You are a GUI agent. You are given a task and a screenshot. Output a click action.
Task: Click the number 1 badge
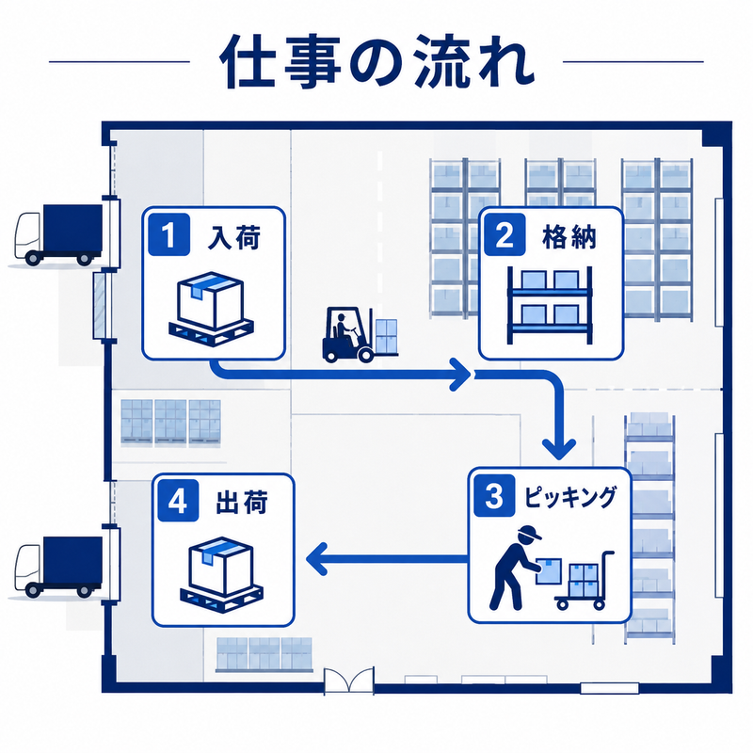click(168, 234)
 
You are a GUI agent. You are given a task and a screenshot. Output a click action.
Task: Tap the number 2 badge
click(505, 234)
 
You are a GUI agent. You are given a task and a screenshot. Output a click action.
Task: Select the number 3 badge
click(494, 496)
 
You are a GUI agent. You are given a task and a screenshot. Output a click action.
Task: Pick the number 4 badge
click(178, 501)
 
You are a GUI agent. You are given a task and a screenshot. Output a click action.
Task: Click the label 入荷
click(233, 237)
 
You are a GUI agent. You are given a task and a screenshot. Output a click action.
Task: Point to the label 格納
click(569, 237)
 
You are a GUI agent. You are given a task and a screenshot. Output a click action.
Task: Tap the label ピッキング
click(569, 498)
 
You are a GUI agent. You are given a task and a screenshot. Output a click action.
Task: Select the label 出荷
click(242, 503)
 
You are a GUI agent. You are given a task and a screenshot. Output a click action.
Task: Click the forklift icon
click(360, 335)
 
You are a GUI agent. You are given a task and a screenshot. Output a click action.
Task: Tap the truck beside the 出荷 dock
click(58, 567)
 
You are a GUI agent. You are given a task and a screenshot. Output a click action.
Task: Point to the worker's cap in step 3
click(529, 533)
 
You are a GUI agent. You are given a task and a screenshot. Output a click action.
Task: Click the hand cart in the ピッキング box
click(585, 581)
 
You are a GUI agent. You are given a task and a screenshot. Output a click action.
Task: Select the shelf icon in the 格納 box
click(550, 305)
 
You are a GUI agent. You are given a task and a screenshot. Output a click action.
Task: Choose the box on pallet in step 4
click(221, 575)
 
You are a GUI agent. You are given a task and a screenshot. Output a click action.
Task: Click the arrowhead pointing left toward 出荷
click(317, 558)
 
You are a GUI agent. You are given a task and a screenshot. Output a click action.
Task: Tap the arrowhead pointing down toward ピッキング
click(558, 449)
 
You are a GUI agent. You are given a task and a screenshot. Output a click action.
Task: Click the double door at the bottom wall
click(349, 680)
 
